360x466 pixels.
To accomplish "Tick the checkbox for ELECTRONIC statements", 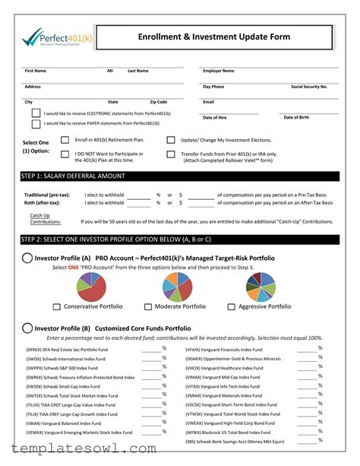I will click(36, 113).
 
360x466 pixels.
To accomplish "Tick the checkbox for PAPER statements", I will click(36, 122).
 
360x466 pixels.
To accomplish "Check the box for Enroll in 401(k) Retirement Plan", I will click(65, 140).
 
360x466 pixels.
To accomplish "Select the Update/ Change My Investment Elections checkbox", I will click(171, 140).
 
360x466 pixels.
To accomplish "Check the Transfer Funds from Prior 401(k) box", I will click(171, 154).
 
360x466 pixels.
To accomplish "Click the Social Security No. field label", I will click(309, 87).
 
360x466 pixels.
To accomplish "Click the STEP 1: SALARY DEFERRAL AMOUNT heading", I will click(74, 176).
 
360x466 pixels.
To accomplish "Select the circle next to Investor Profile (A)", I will click(27, 258).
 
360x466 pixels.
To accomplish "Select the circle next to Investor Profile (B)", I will click(27, 328).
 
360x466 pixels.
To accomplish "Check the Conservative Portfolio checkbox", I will click(57, 306).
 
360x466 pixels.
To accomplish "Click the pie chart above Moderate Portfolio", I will click(179, 287).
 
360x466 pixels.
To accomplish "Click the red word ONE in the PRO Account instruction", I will click(74, 268).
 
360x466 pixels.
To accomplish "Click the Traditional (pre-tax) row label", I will click(47, 195).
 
